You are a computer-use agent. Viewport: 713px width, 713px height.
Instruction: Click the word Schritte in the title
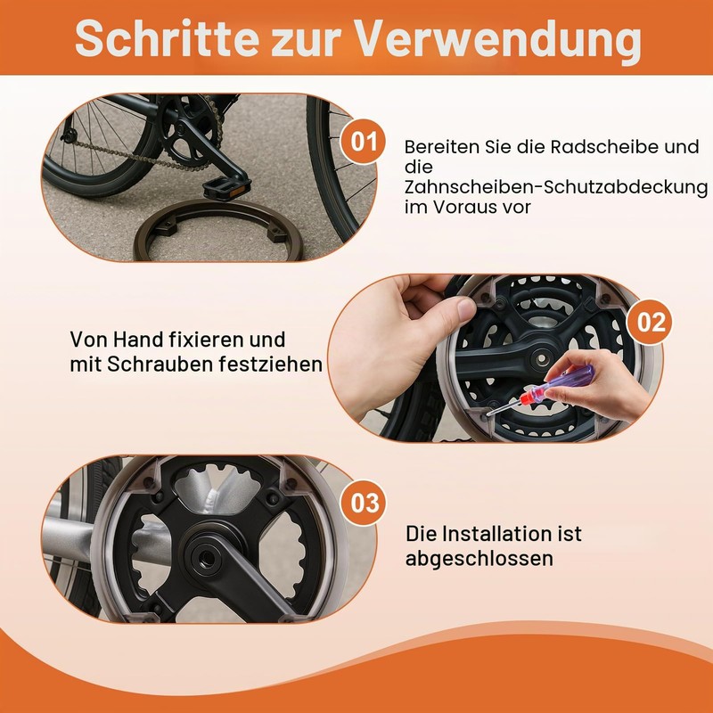click(x=167, y=38)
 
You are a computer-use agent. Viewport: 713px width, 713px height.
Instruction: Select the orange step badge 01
click(x=363, y=142)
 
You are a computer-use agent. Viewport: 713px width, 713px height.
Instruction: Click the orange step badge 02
click(x=651, y=323)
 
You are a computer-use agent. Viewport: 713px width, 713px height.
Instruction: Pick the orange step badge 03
click(x=365, y=503)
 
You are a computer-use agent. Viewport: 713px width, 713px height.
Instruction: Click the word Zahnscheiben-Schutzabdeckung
click(x=556, y=187)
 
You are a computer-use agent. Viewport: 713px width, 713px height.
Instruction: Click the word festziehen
click(x=271, y=365)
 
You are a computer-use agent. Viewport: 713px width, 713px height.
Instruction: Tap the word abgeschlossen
click(x=479, y=559)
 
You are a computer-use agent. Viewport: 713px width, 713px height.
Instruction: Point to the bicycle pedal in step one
click(x=226, y=187)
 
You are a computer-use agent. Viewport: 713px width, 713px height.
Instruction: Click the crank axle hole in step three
click(x=207, y=555)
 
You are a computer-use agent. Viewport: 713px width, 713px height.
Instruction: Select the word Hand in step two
click(x=138, y=340)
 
